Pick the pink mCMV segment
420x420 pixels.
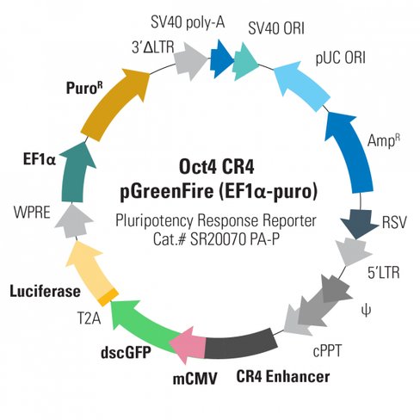tap(187, 344)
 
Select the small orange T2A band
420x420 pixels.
tap(108, 298)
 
